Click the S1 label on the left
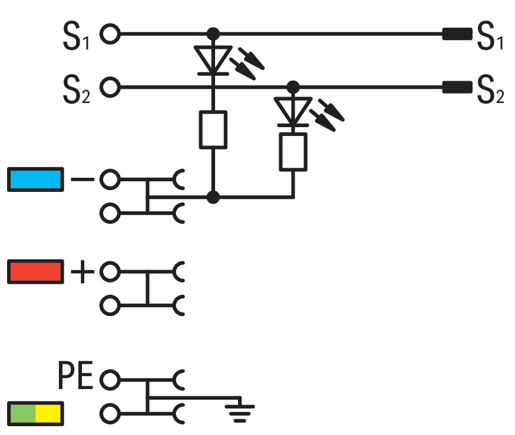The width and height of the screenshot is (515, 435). coord(75,36)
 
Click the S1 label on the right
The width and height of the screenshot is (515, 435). coord(490,36)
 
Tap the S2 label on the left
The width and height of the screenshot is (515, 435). coord(75,90)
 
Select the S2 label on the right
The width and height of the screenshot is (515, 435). coord(490,90)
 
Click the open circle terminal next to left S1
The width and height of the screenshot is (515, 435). coord(110,34)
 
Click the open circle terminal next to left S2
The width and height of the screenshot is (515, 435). coord(110,88)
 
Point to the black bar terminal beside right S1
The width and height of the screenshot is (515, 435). coord(457,34)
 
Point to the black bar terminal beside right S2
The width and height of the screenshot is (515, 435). coord(457,88)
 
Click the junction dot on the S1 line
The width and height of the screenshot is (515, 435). coord(213,34)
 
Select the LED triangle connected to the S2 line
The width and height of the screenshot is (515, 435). coord(293,111)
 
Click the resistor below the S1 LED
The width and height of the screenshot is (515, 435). coord(213,129)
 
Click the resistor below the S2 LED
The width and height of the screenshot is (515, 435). coord(293,151)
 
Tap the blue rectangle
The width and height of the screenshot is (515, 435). coord(35,180)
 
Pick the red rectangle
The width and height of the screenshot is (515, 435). coord(35,272)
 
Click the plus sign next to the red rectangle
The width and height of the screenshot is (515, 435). coord(82,272)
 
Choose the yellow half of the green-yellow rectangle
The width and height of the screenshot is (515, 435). coord(49,414)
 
